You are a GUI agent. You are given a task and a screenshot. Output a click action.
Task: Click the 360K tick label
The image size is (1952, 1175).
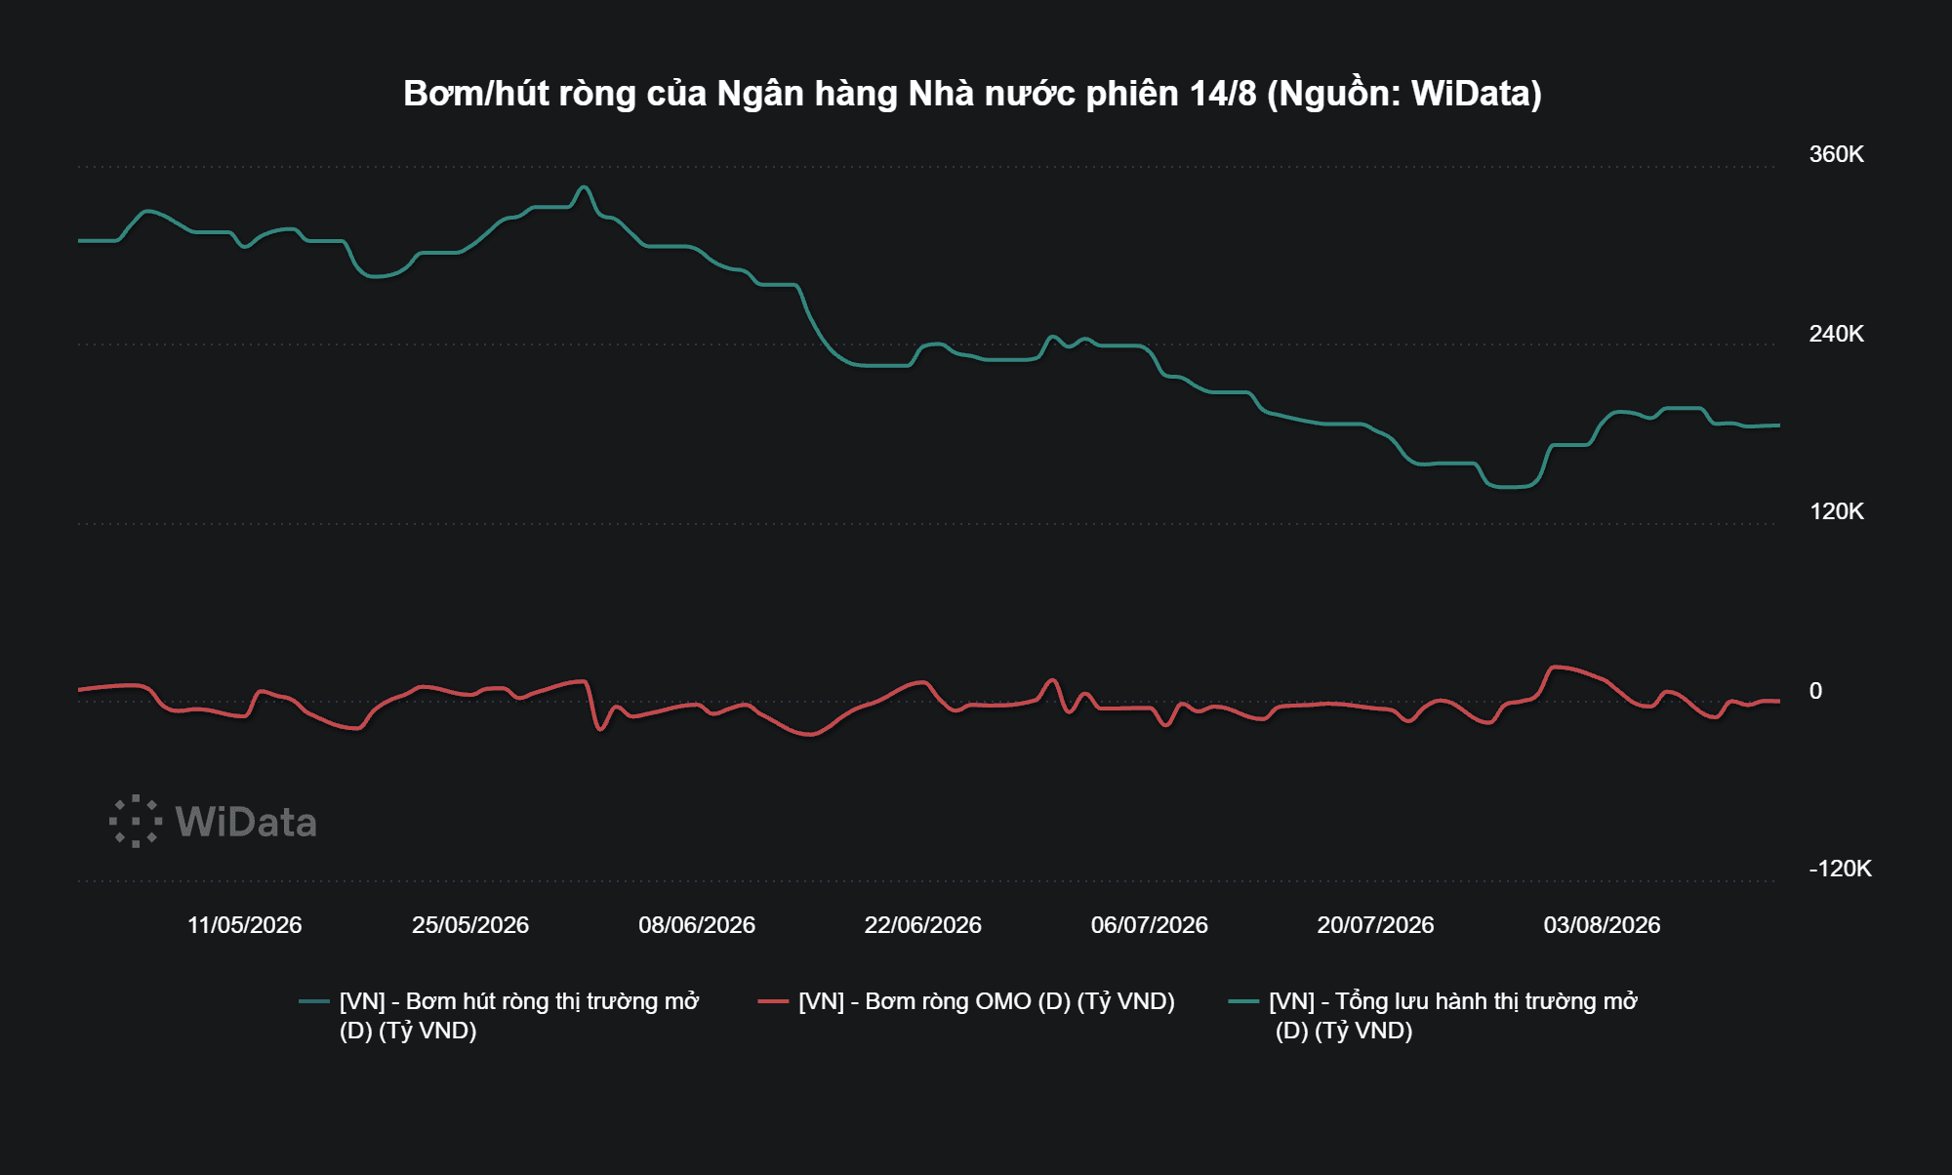pos(1836,154)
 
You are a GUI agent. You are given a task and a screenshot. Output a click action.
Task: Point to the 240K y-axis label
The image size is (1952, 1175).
pos(1836,334)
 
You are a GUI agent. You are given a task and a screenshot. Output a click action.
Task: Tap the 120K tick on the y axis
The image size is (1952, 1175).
pos(1836,511)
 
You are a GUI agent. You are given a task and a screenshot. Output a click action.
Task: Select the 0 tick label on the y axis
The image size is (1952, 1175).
pos(1815,691)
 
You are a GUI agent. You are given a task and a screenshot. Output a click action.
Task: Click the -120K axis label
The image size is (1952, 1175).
pos(1840,869)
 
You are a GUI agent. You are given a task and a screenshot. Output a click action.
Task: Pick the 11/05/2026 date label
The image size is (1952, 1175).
pos(244,925)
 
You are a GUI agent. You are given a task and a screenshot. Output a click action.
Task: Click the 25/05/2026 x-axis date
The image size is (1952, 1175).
pos(470,925)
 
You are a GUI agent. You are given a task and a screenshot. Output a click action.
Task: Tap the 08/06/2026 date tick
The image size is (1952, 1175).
pos(697,925)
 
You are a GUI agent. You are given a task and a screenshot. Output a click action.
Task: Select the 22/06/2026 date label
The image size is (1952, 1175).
pos(922,925)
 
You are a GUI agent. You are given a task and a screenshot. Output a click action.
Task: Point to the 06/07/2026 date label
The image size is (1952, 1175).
pos(1149,925)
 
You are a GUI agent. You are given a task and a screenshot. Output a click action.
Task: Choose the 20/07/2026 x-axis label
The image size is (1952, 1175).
pos(1375,925)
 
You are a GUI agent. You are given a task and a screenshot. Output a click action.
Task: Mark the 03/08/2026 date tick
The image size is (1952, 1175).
pos(1602,925)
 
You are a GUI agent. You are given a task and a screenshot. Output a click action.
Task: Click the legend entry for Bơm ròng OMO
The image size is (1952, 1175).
pos(986,1001)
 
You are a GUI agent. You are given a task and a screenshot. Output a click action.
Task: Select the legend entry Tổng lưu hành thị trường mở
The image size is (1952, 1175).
pos(1453,1016)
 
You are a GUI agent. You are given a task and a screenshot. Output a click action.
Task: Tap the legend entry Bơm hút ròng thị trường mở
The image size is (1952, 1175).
pos(519,1016)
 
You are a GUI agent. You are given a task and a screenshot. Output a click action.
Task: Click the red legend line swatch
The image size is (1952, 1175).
pos(773,1001)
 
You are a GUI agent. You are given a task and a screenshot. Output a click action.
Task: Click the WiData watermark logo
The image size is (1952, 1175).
pos(213,822)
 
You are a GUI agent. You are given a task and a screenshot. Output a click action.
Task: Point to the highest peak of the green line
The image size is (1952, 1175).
pos(584,187)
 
